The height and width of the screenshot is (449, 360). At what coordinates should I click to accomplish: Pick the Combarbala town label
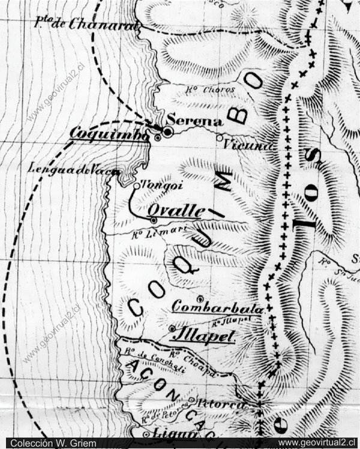coord(217,308)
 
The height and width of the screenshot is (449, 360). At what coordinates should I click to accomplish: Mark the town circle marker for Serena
coord(168,131)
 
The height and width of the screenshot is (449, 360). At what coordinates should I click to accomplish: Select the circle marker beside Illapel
coord(172,328)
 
